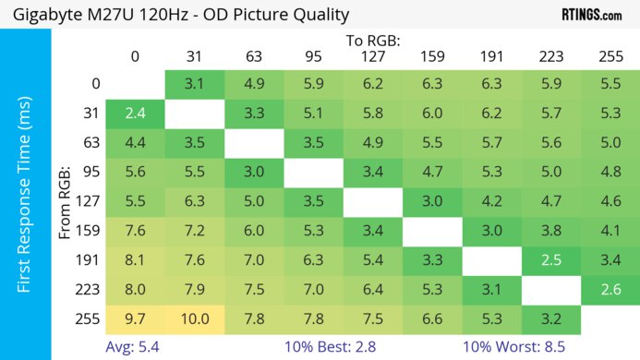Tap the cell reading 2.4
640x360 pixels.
(135, 114)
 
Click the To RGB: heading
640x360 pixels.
(372, 41)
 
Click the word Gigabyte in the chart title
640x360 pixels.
(50, 15)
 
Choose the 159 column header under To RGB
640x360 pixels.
(431, 56)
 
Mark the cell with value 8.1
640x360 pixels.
(135, 260)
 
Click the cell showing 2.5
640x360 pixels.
(550, 260)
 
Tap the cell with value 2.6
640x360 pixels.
(610, 289)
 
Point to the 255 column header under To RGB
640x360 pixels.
(610, 56)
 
